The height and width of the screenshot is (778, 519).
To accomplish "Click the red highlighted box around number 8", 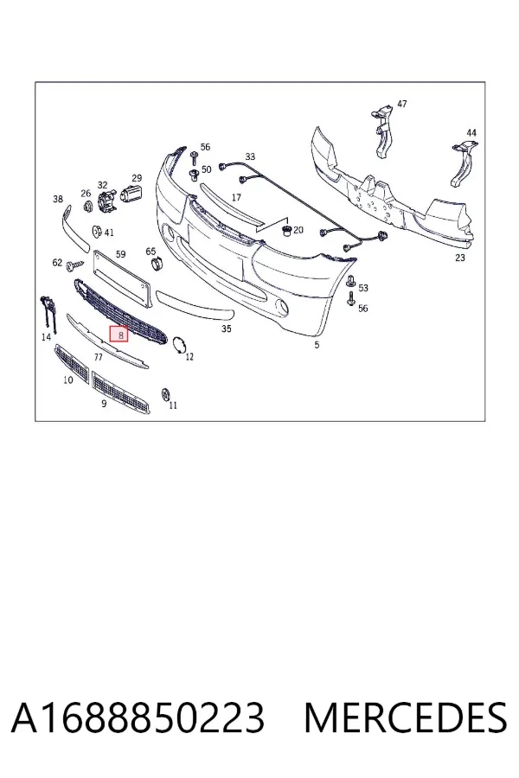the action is (x=119, y=335).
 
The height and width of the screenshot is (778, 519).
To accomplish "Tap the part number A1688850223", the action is (x=138, y=717).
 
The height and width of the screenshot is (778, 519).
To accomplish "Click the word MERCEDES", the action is (x=406, y=717).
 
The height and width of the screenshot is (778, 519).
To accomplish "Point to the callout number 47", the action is (x=401, y=104).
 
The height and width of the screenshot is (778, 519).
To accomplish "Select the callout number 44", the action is (x=471, y=132).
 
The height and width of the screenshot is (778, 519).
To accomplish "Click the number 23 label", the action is (x=460, y=258).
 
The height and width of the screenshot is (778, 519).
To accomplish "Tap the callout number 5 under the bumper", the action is (x=317, y=345).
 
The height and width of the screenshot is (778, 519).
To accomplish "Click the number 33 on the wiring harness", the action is (x=250, y=156).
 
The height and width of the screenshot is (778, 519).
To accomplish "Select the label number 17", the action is (x=236, y=197).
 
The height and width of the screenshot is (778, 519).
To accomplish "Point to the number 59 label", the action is (x=120, y=254).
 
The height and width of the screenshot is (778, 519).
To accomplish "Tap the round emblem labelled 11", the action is (x=166, y=394).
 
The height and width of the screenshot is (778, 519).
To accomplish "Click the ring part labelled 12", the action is (x=178, y=345).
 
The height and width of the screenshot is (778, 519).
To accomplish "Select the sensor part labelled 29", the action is (x=131, y=192).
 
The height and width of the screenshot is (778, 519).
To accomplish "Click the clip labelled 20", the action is (x=285, y=230).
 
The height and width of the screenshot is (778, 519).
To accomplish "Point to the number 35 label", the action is (x=226, y=328).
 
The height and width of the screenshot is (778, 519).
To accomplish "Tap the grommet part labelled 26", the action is (x=88, y=206).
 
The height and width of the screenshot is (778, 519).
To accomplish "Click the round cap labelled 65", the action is (x=157, y=264).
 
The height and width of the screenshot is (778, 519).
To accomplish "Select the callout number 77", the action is (x=98, y=357).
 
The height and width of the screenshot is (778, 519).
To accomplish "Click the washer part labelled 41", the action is (x=97, y=232).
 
